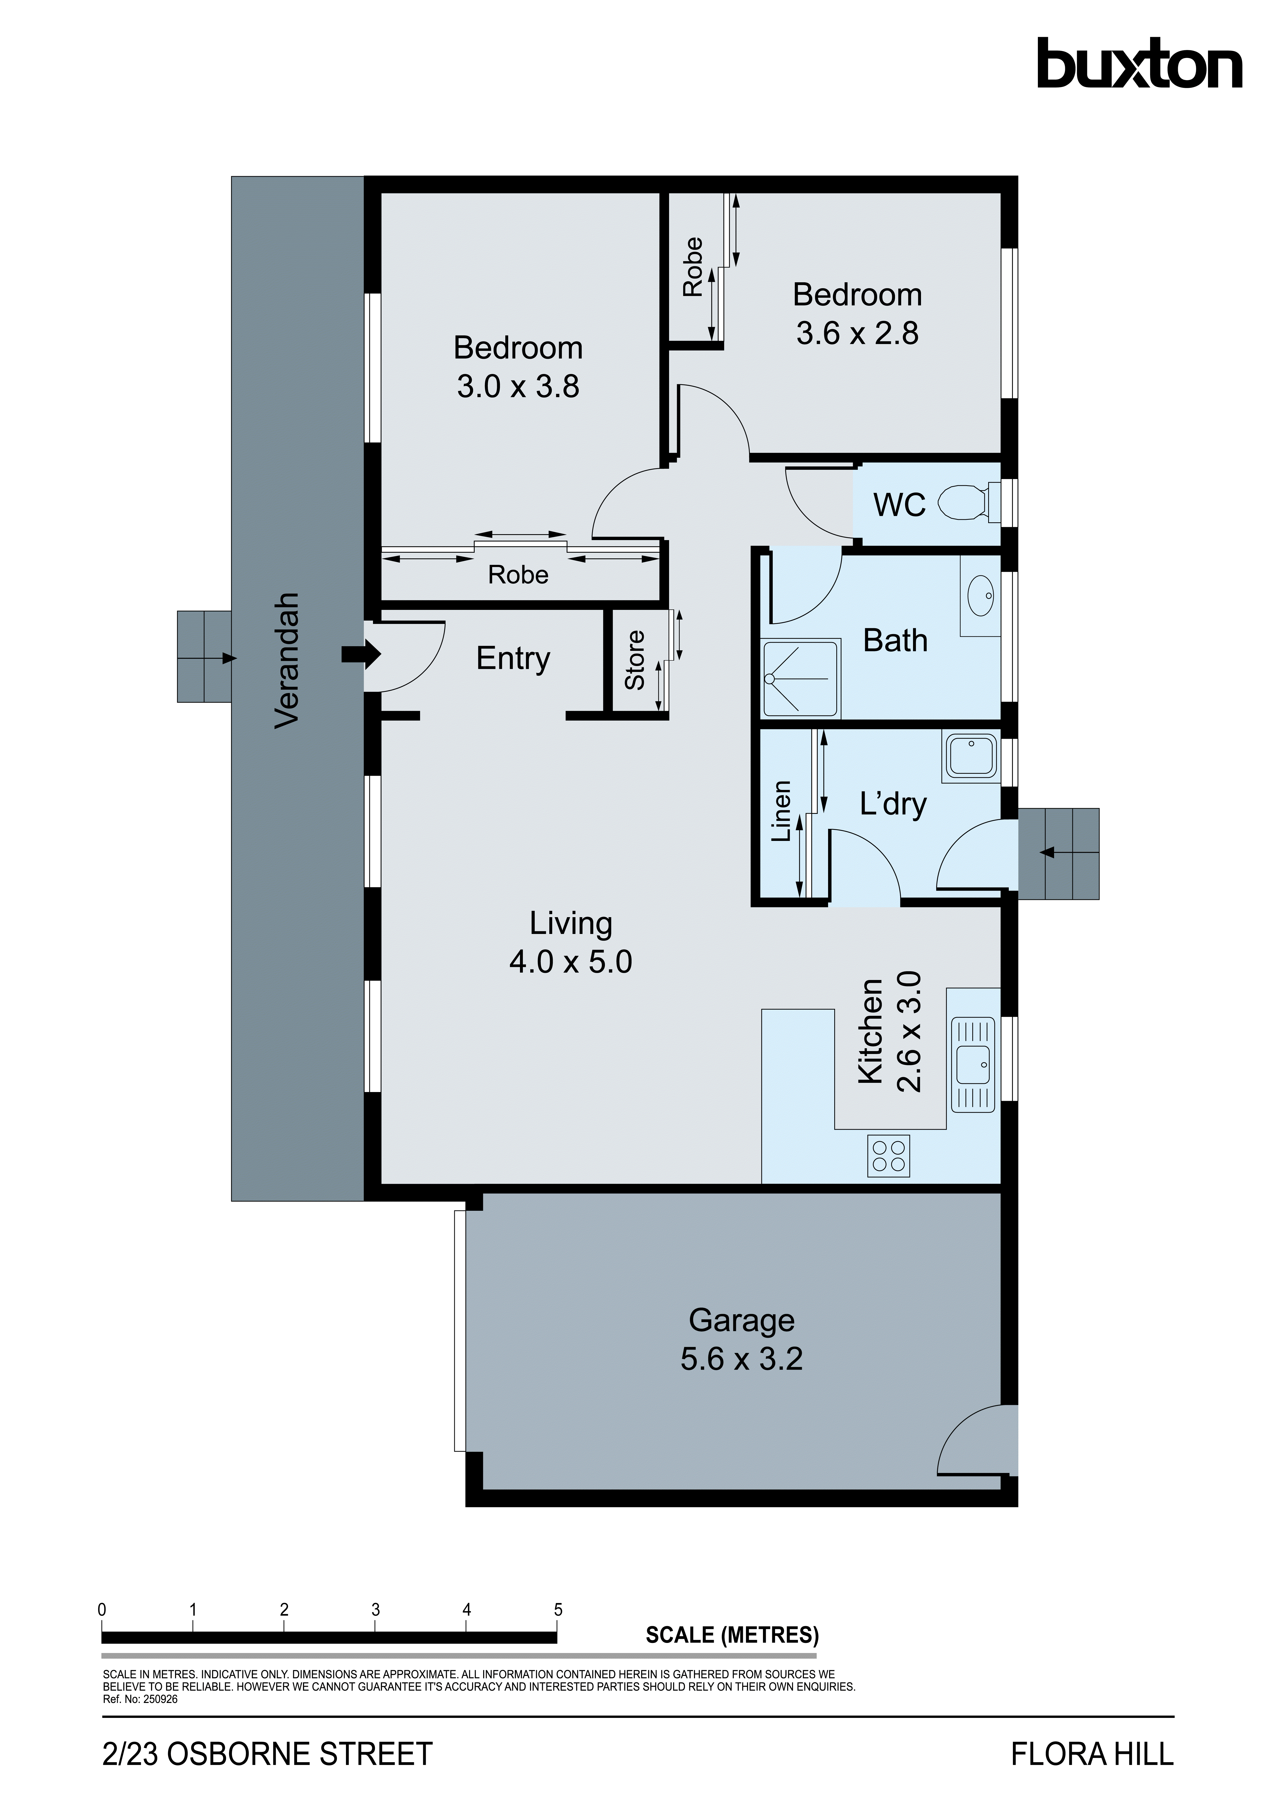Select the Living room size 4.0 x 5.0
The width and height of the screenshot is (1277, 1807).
pos(570,962)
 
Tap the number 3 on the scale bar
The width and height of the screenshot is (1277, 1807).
pos(375,1609)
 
